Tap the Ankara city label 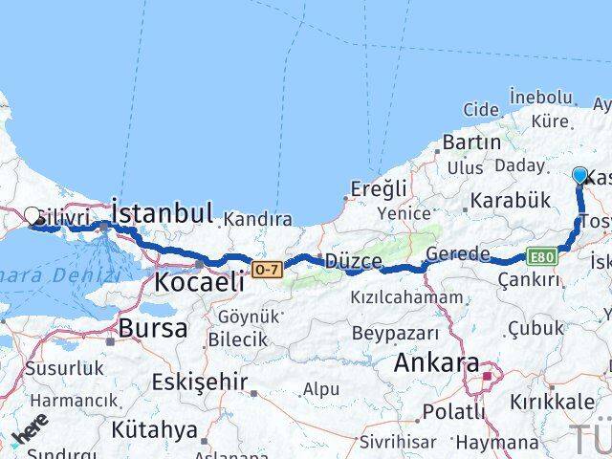(x=435, y=364)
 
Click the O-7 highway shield (x=268, y=271)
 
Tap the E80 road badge (x=539, y=256)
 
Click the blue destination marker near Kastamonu (x=579, y=175)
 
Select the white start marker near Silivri (x=33, y=216)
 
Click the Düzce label (x=353, y=261)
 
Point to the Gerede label (x=458, y=253)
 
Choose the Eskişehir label (x=198, y=382)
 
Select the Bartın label (x=471, y=142)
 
